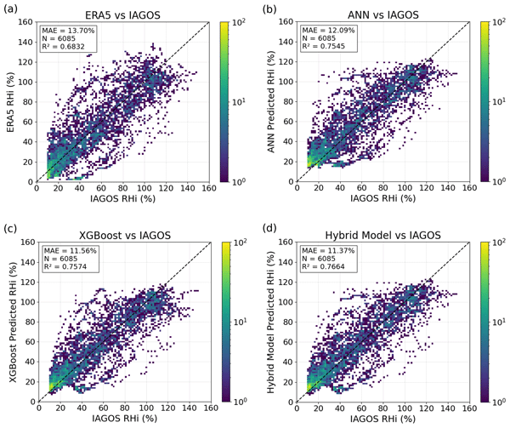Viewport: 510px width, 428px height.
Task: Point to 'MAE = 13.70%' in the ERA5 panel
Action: pos(67,31)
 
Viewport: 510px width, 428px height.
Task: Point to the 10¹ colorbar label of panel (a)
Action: pos(241,100)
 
